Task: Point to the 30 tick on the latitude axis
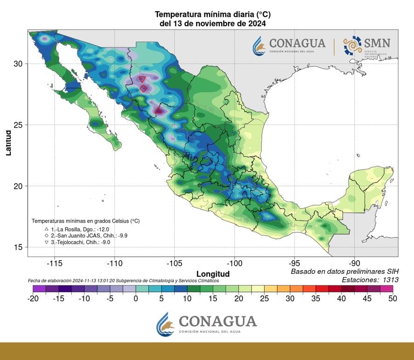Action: click(x=18, y=63)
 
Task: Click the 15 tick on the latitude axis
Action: click(x=18, y=247)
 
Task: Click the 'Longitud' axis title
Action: click(x=213, y=274)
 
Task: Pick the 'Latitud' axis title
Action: click(x=9, y=142)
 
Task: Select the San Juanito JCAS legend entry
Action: click(x=82, y=236)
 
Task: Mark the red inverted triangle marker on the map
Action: click(x=142, y=79)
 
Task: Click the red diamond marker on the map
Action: click(x=144, y=88)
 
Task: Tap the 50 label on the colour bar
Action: click(x=393, y=299)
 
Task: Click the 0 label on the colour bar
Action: click(x=136, y=299)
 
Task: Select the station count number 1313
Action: click(x=388, y=280)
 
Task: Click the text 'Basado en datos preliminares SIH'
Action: click(x=345, y=272)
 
